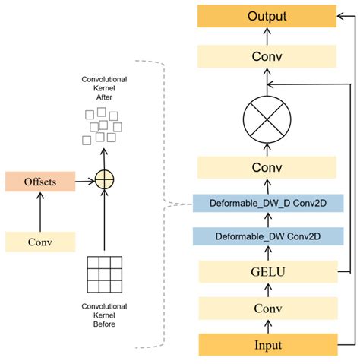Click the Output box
click(x=266, y=16)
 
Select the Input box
click(x=266, y=344)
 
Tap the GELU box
click(x=266, y=271)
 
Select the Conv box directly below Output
click(x=266, y=55)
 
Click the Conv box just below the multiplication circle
click(x=266, y=167)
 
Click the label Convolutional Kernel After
click(x=103, y=90)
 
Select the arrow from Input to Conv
click(x=266, y=326)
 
